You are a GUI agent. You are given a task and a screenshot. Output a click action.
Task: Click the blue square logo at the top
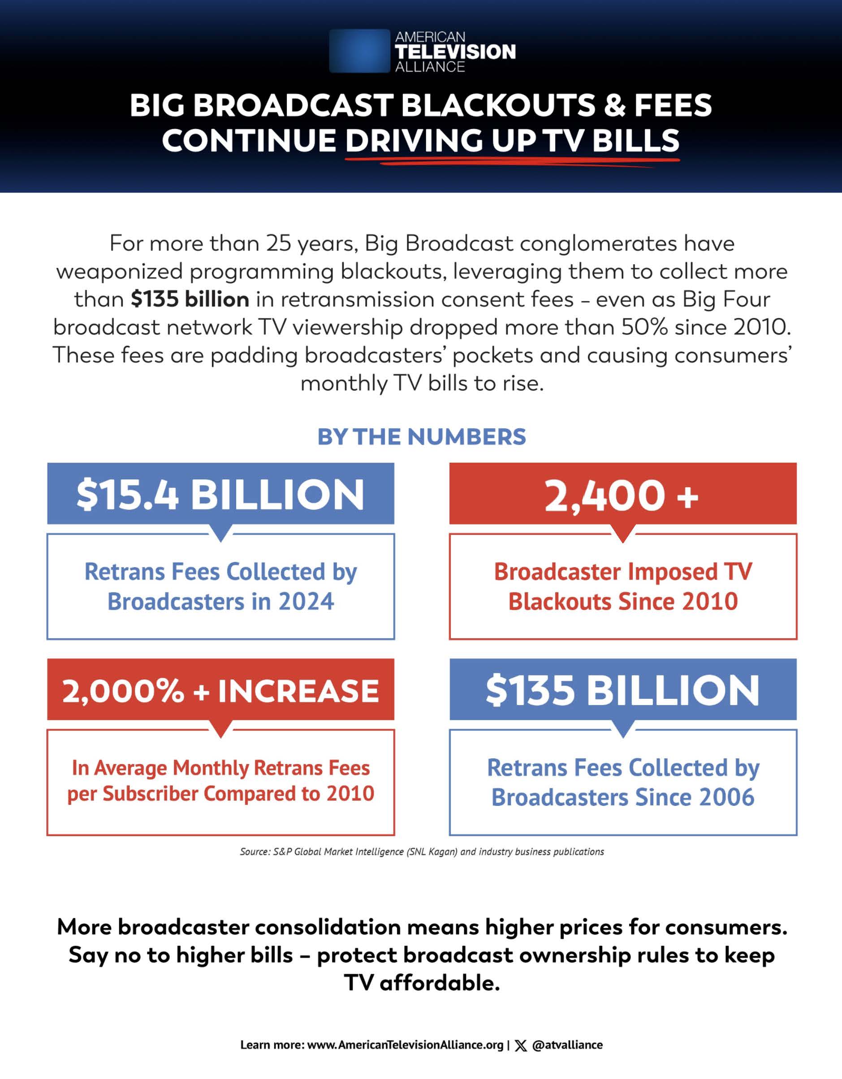[x=359, y=51]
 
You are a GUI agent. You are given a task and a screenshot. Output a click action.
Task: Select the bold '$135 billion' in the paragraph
[x=190, y=299]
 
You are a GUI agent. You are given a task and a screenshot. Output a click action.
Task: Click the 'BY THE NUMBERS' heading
[x=422, y=437]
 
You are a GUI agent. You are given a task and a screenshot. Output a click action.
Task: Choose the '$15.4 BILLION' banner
[x=220, y=494]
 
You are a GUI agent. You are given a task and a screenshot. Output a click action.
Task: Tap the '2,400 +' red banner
[x=622, y=494]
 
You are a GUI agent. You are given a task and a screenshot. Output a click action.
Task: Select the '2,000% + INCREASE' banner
[x=220, y=690]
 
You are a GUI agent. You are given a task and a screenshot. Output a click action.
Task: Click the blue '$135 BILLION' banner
[x=622, y=690]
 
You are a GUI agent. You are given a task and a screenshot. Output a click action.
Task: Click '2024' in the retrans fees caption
[x=307, y=602]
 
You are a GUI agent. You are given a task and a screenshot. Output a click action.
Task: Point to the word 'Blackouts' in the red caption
[x=560, y=602]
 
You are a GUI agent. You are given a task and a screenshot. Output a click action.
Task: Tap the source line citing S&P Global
[x=422, y=852]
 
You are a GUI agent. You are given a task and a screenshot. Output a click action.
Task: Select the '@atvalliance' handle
[x=567, y=1045]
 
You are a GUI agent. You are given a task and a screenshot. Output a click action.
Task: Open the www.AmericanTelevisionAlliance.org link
[x=405, y=1045]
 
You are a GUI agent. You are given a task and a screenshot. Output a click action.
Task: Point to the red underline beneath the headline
[x=511, y=160]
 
